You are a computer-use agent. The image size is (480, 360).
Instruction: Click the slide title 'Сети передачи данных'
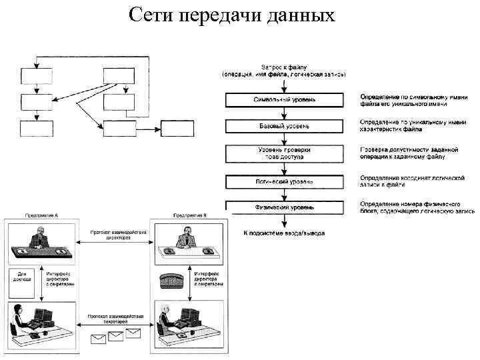coord(231,15)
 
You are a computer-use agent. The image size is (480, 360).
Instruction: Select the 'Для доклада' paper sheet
coord(23,280)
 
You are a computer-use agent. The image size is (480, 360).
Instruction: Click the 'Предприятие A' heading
coord(42,216)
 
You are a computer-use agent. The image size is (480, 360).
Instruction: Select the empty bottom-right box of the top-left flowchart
coord(177,128)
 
